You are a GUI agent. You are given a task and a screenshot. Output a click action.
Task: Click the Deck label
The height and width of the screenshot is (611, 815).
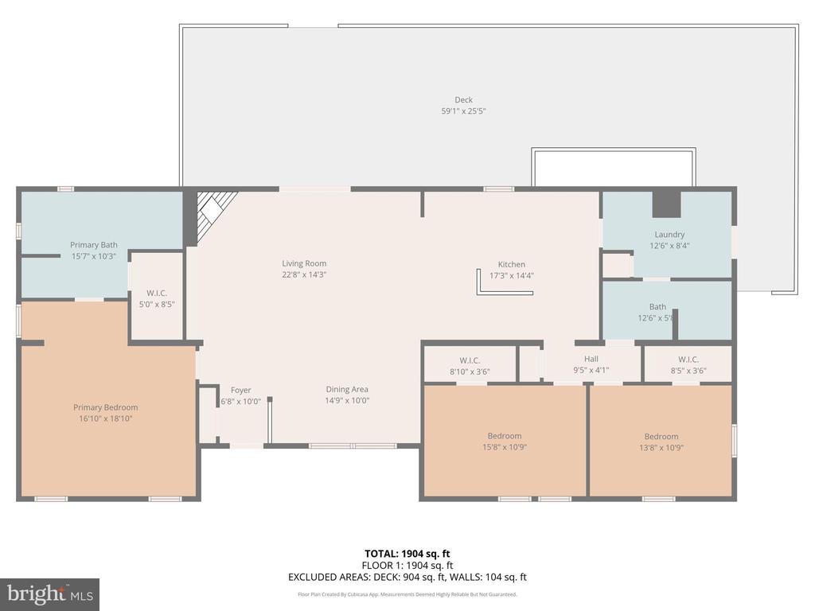pos(463,100)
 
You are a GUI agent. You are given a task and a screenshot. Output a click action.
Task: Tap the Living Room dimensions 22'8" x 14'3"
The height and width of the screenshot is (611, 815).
pos(304,274)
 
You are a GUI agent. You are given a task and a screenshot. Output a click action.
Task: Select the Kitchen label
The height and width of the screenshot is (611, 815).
pos(511,264)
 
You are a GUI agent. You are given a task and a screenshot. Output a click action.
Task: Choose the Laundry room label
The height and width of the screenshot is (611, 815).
pos(669,235)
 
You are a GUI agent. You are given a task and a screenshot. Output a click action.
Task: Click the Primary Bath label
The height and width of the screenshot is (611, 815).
pos(94,245)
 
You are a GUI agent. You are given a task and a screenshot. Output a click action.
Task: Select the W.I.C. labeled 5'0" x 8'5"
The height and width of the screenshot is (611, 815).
pos(156,298)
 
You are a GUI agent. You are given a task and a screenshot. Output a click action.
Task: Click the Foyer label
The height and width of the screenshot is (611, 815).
pos(240,390)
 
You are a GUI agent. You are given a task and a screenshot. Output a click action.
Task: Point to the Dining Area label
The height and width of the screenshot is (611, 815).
pos(346,389)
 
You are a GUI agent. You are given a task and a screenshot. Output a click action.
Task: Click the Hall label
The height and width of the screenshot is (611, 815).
pos(591,359)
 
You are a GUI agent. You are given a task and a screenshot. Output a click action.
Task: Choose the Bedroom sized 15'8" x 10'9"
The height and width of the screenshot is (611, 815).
pos(505,441)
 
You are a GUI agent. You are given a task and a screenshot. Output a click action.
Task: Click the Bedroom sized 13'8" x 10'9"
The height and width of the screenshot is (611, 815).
pos(661,442)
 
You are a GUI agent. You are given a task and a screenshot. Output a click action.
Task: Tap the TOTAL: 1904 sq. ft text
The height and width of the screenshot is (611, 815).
pos(407,554)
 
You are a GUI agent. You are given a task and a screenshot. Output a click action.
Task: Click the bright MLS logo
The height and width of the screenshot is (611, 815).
pos(49,593)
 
